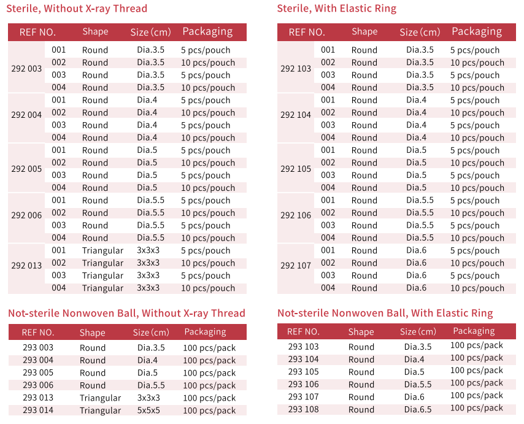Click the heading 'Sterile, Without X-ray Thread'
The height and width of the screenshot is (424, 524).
[77, 9]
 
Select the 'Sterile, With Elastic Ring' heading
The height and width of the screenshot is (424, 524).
[337, 9]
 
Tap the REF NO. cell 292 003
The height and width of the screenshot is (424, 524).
[26, 69]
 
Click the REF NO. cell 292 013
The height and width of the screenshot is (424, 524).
[26, 266]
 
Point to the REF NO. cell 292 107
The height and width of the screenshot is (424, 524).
[296, 266]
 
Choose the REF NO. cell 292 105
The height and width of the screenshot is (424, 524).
[296, 169]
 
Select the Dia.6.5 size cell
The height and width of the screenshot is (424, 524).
[417, 409]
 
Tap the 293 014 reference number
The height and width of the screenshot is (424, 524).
[38, 411]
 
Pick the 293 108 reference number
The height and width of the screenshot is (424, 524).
[304, 409]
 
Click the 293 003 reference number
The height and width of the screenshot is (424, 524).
[38, 348]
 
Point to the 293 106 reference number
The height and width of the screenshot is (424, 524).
[304, 384]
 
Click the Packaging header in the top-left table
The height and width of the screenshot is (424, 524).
[207, 32]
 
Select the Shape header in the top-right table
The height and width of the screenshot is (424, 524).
[364, 32]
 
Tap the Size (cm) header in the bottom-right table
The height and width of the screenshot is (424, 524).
[418, 331]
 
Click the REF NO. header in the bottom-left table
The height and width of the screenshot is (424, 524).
[38, 332]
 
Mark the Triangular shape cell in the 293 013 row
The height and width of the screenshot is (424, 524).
[100, 398]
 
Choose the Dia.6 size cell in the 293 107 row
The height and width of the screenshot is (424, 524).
[415, 397]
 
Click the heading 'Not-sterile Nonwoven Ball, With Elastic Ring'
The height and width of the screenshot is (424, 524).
[385, 313]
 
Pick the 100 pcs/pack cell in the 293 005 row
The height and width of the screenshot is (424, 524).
[209, 373]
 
